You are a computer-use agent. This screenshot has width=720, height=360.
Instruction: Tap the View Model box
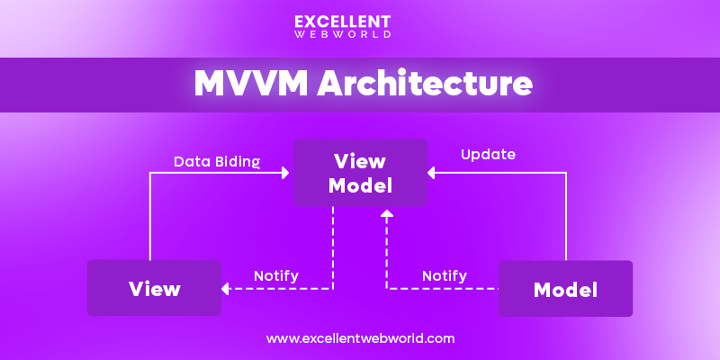(x=360, y=173)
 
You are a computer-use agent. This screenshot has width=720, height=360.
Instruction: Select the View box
(x=154, y=288)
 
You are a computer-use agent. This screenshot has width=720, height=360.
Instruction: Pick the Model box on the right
(x=565, y=289)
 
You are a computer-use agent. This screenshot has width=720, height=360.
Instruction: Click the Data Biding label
(x=217, y=162)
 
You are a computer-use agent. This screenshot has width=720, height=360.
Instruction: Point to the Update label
(x=488, y=154)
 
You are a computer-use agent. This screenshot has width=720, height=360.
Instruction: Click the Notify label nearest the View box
(x=276, y=275)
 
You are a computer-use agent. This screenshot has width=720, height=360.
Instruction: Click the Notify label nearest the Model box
(x=445, y=275)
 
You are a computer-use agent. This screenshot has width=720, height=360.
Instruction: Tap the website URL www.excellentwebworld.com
(x=360, y=338)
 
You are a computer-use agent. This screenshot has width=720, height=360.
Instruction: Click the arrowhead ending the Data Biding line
(x=286, y=174)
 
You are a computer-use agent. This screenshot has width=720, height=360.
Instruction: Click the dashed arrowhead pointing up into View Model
(x=387, y=214)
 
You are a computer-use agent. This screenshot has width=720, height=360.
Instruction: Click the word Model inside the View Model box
(x=360, y=185)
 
